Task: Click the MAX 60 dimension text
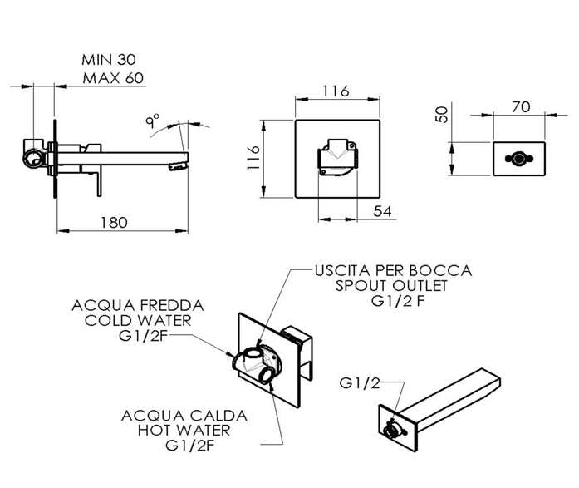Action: coord(113,79)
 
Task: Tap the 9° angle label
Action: coord(153,121)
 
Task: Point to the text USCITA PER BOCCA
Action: coord(393,270)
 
